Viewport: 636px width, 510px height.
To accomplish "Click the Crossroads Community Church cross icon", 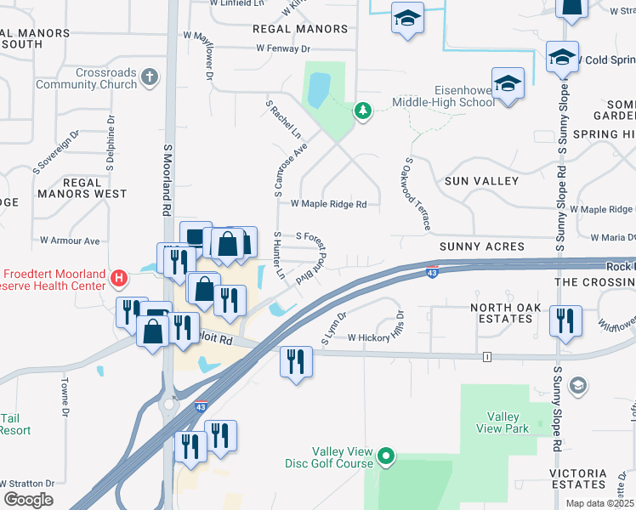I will click(x=150, y=77).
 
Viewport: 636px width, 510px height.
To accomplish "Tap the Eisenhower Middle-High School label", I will click(x=442, y=96).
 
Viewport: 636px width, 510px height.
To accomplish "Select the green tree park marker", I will click(x=363, y=110).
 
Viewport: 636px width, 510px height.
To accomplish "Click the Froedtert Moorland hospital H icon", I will click(x=120, y=277).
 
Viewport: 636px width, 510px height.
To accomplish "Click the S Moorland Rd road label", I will click(x=168, y=178).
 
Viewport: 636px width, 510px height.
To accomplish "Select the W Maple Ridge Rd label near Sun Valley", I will click(x=328, y=204).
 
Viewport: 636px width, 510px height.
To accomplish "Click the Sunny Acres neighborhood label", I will click(x=481, y=246).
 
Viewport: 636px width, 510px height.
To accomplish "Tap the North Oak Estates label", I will click(x=503, y=313).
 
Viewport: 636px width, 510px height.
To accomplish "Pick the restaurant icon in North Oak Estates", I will click(x=565, y=320).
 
